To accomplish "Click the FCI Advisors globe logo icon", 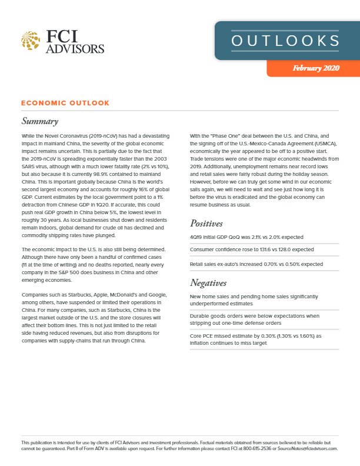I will pos(31,42).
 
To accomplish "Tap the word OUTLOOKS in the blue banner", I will pos(285,41).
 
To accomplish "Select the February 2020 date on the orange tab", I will pos(316,68).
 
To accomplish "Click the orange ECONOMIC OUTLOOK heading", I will pos(65,103).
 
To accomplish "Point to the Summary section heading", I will pos(39,122).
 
